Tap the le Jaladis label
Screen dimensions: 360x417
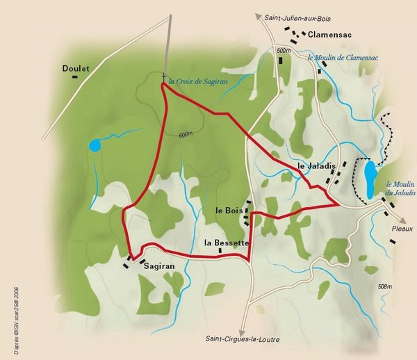(316, 167)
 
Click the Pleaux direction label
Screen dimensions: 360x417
(401, 228)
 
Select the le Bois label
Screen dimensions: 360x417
(229, 210)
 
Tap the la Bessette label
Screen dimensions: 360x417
(227, 243)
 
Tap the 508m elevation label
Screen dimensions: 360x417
(385, 286)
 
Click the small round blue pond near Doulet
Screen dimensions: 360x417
(94, 145)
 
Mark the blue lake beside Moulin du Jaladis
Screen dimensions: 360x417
(370, 179)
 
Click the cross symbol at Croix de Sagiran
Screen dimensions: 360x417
(164, 76)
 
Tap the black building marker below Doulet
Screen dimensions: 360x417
(74, 78)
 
